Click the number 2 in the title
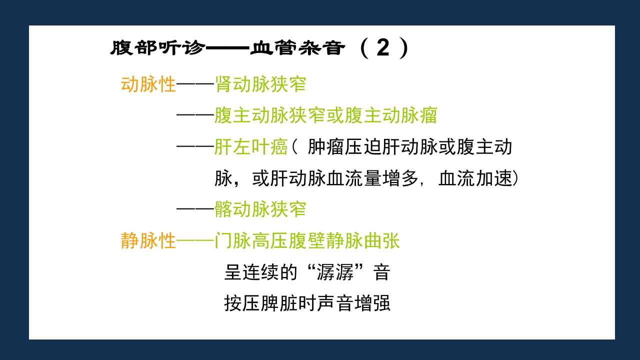(x=382, y=48)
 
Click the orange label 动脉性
(x=148, y=84)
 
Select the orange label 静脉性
(x=148, y=241)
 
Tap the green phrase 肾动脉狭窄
(x=260, y=84)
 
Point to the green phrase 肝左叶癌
(x=251, y=147)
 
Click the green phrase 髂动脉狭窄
(x=260, y=209)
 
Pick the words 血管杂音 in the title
(x=298, y=48)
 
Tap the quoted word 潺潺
(x=336, y=272)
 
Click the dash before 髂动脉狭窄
(x=195, y=209)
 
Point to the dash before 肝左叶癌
(x=195, y=147)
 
